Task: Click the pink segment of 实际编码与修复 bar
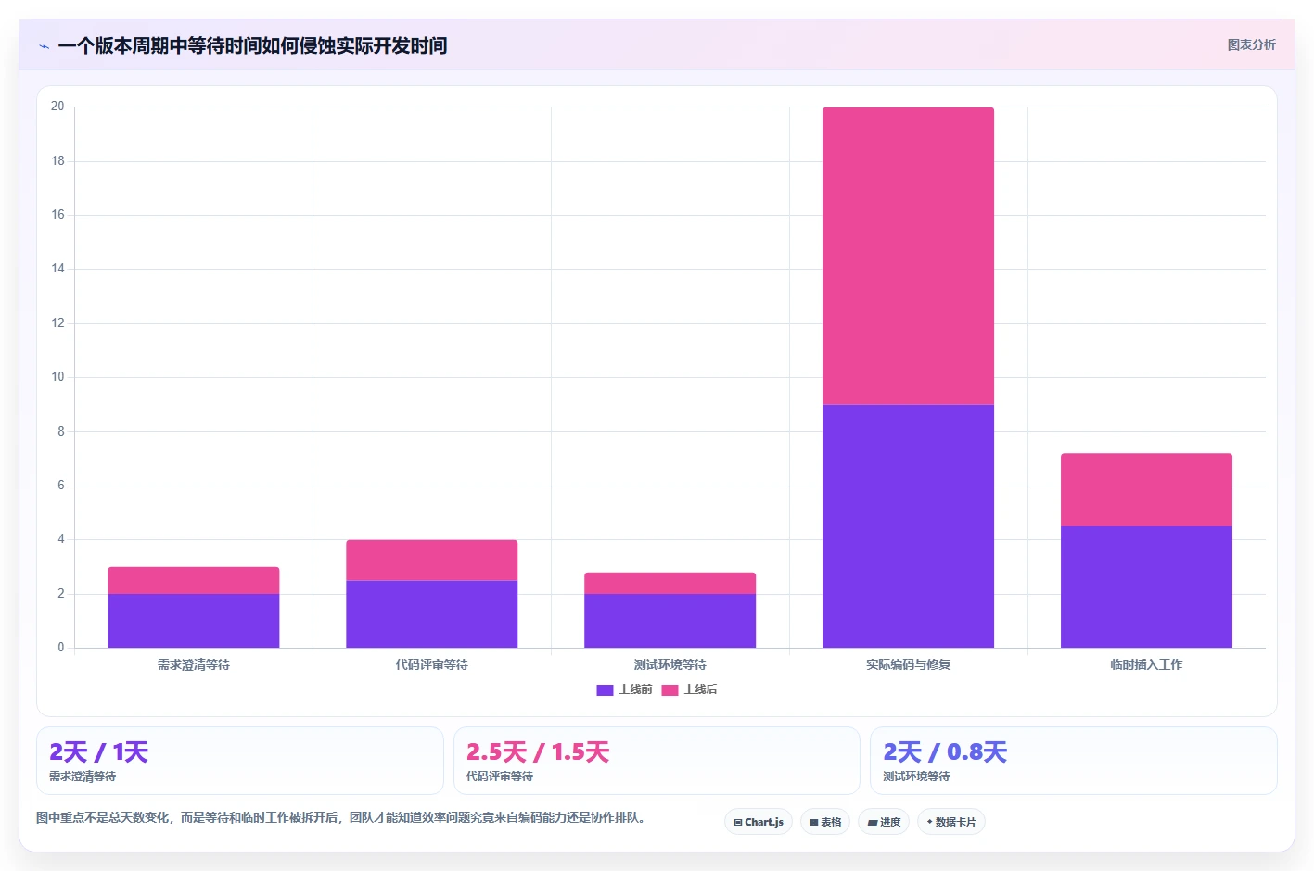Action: tap(908, 256)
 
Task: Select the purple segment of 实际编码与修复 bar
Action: tap(908, 525)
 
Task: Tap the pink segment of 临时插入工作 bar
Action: tap(1146, 489)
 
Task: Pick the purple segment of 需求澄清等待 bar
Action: tap(194, 621)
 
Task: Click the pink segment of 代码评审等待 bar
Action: tap(432, 560)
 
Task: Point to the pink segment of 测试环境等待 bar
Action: tap(670, 583)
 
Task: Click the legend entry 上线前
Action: tap(624, 689)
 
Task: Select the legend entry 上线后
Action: tap(689, 689)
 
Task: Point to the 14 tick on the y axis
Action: tap(57, 269)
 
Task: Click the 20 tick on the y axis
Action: tap(57, 106)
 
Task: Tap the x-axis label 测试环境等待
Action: tap(670, 664)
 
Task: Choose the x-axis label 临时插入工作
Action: tap(1146, 664)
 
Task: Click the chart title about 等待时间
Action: tap(253, 45)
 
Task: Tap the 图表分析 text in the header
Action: tap(1251, 45)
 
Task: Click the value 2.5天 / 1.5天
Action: tap(538, 752)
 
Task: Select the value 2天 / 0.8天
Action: tap(945, 752)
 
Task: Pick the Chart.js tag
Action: tap(759, 822)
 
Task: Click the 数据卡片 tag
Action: tap(950, 822)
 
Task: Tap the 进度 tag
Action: tap(884, 822)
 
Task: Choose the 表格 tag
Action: tap(825, 822)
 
